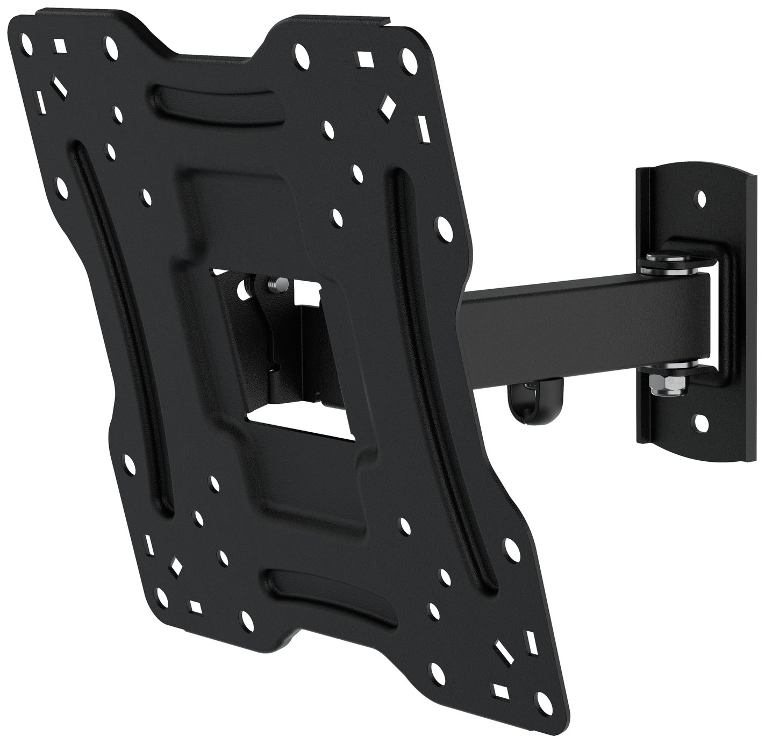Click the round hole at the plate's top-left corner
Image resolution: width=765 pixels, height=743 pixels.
[x=25, y=38]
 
